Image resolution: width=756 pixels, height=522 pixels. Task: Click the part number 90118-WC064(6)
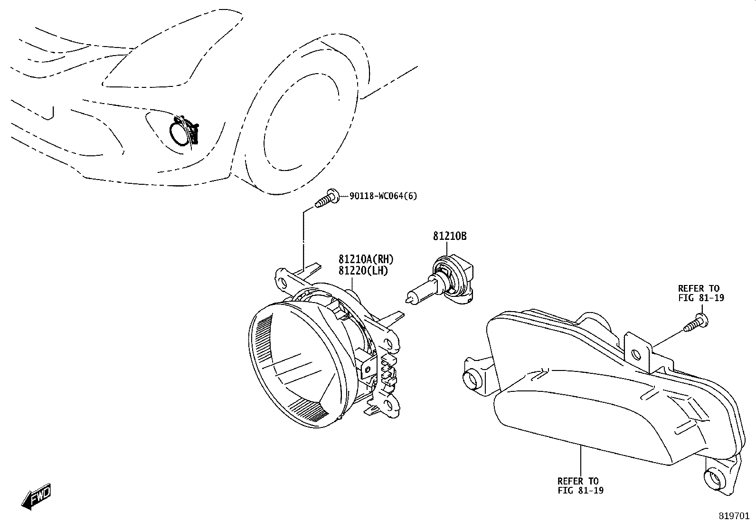pos(383,196)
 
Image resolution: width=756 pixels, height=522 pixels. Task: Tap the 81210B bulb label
pos(450,237)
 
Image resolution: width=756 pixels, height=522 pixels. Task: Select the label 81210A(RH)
pos(366,259)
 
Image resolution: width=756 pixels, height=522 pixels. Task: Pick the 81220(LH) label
pos(363,271)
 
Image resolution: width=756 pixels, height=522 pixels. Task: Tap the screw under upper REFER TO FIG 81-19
pos(696,323)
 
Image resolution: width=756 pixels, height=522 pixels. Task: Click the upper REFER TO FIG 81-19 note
pos(701,293)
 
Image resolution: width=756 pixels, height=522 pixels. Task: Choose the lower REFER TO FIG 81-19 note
pos(580,485)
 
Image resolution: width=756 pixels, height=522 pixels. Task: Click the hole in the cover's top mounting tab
pos(636,355)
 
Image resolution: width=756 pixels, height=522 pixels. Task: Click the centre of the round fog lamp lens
pos(297,365)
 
